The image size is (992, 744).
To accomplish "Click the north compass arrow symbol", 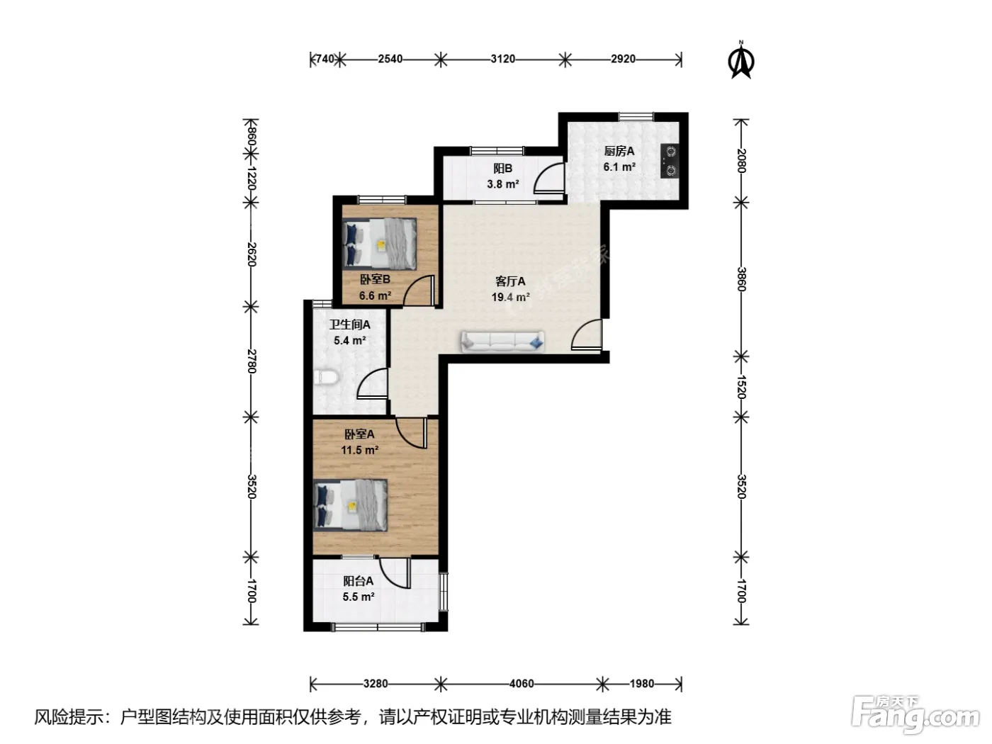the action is coord(741,60).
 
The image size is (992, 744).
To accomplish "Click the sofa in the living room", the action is coord(502,342).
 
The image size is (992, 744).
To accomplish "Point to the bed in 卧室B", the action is coord(379,244).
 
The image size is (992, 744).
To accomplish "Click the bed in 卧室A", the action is coord(351,505).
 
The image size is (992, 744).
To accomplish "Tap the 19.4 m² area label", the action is coord(510,297).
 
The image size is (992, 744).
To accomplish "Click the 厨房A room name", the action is coord(619,152).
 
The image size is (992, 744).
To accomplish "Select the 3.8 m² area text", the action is coord(502,184).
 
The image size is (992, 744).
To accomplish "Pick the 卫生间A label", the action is coord(349,325).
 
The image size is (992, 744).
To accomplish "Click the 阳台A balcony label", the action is coord(358,580).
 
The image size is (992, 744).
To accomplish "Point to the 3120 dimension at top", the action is coord(502,60).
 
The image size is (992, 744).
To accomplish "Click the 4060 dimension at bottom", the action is coord(522,684).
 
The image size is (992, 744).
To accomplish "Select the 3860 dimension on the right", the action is coord(741,279).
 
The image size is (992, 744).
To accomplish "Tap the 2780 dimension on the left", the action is coord(252,361).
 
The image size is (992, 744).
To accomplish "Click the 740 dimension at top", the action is coord(325,60).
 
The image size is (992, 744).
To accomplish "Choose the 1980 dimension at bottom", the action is coord(642,684).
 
